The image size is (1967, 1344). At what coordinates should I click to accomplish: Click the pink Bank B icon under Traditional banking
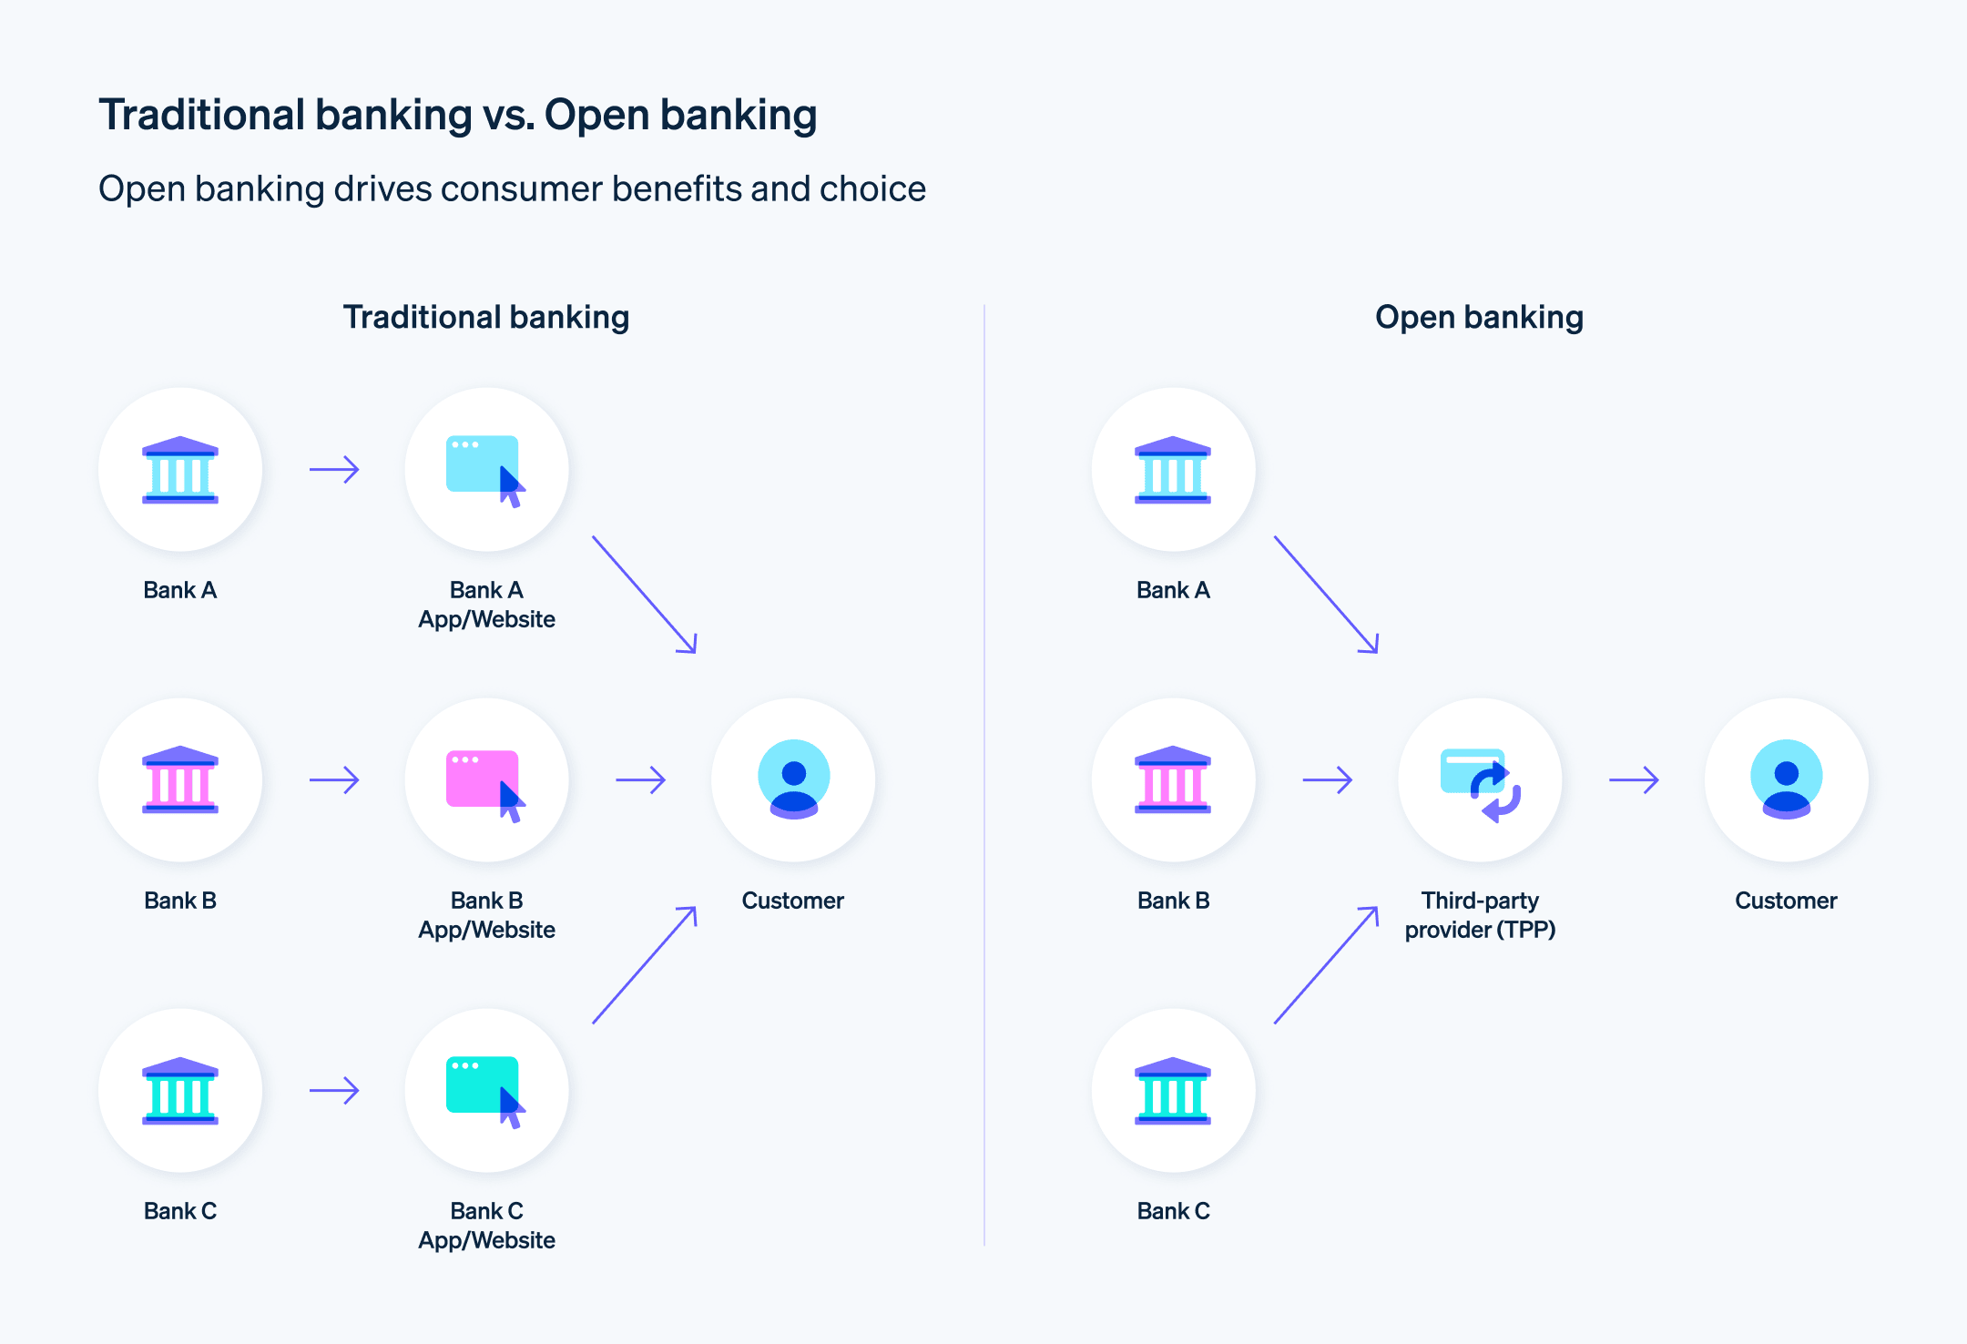180,780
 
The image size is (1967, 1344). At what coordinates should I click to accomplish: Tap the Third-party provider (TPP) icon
1480,780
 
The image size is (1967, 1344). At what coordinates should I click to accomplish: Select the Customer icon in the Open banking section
1786,780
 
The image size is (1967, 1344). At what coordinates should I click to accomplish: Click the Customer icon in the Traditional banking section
793,780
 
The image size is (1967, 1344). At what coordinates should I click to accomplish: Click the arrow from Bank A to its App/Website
334,470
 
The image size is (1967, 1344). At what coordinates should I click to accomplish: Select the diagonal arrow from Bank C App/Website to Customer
645,964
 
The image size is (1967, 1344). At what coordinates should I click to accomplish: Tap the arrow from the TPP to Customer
1634,780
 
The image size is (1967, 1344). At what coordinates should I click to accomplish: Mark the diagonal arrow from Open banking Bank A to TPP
1327,595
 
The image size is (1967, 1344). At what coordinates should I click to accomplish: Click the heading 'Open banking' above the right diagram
1479,317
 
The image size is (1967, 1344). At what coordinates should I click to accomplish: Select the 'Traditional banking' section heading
486,317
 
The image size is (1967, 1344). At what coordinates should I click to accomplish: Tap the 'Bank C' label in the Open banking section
1173,1211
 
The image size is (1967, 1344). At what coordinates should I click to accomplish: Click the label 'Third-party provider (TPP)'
1480,915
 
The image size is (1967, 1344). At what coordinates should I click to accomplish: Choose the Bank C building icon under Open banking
1173,1091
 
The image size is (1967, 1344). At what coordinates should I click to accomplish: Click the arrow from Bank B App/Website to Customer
641,780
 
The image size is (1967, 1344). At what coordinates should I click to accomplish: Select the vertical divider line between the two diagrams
984,774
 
